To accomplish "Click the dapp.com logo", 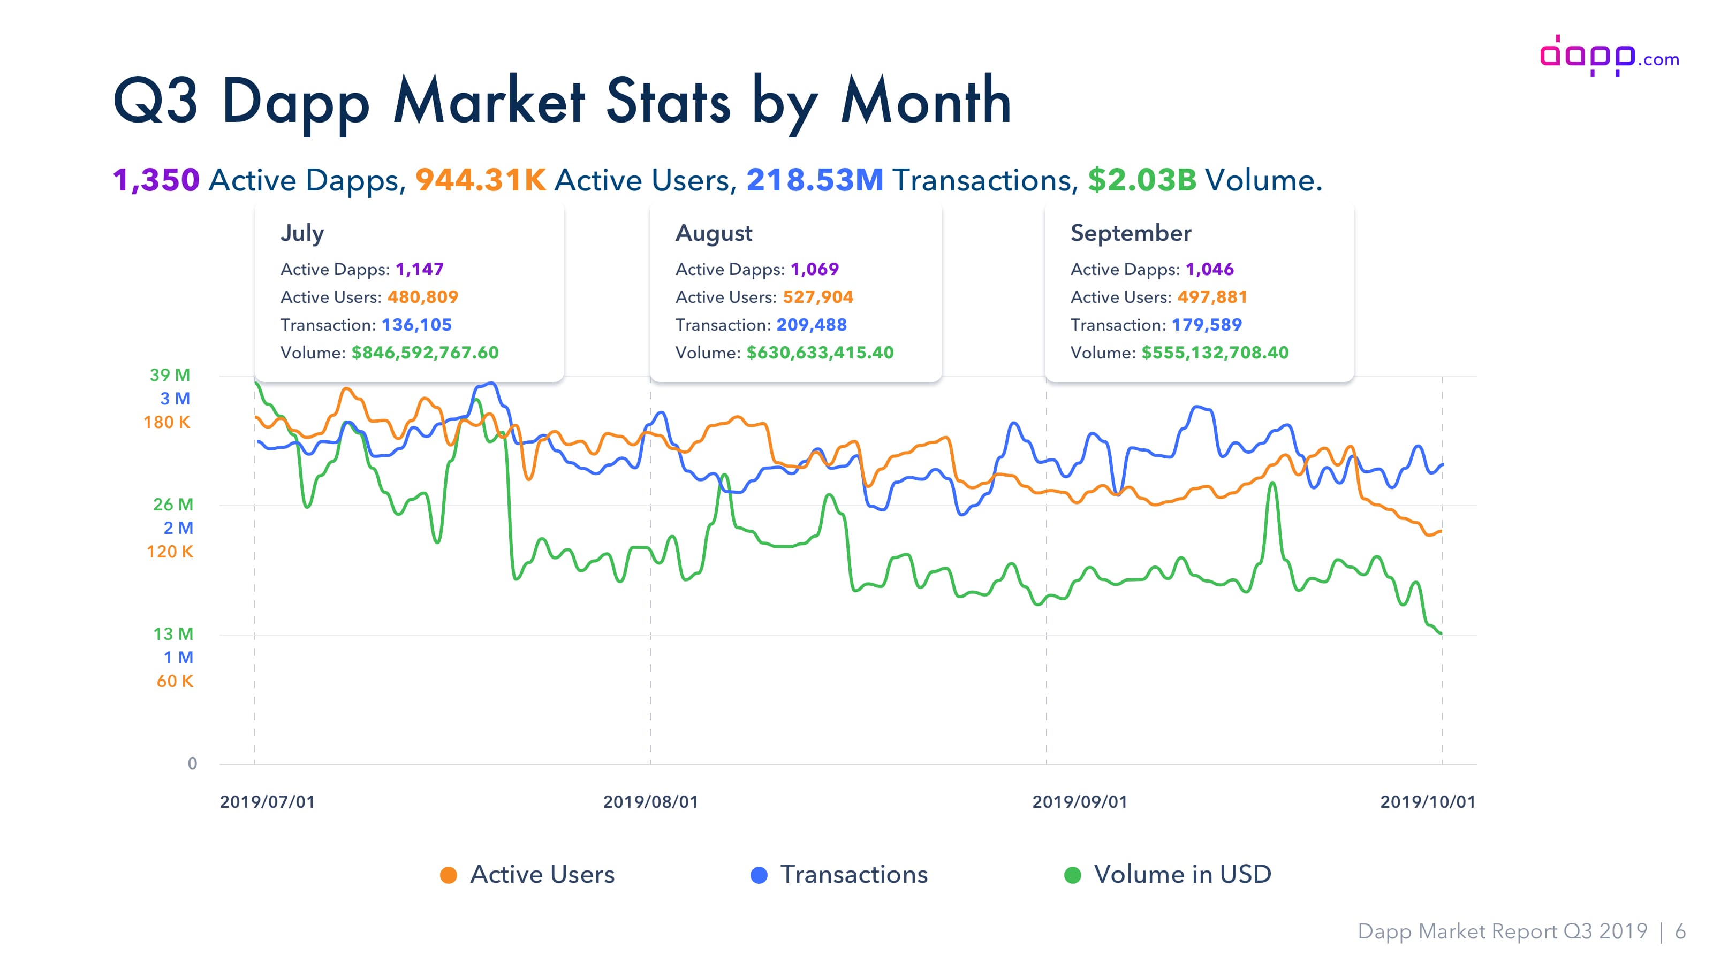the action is tap(1609, 56).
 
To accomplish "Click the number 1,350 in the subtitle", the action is tap(156, 180).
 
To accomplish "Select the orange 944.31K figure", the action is tap(481, 180).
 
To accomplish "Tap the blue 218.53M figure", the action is tap(815, 180).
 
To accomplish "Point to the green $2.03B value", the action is tap(1142, 180).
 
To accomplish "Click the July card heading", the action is tap(302, 233).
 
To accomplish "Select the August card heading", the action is tap(714, 234).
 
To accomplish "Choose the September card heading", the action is tap(1131, 233).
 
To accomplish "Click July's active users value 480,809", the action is tap(423, 297).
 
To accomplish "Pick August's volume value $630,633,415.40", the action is tap(820, 353).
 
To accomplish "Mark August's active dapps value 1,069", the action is tap(815, 269).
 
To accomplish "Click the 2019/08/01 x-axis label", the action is tap(650, 802).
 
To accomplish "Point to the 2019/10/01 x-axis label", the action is tap(1428, 802).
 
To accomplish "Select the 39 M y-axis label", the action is tap(170, 375).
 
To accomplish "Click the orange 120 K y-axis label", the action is tap(170, 552).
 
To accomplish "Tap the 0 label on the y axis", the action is tap(192, 763).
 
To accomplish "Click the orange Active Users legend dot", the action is tap(449, 875).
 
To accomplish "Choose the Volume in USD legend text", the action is tap(1183, 875).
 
